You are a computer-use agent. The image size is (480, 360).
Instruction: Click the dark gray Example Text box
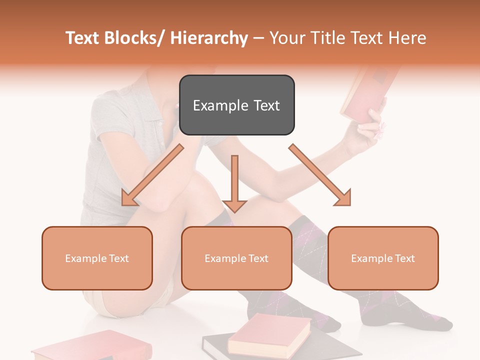coord(236,105)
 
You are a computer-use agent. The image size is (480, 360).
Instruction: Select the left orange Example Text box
coord(97,258)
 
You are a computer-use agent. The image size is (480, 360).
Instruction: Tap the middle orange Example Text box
coord(236,258)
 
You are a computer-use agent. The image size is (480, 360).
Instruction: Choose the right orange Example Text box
coord(383,258)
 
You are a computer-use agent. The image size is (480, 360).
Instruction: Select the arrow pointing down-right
coord(320,175)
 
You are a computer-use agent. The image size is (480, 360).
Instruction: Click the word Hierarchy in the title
coord(209,38)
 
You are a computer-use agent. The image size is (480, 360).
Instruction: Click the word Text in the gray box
coord(265,105)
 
